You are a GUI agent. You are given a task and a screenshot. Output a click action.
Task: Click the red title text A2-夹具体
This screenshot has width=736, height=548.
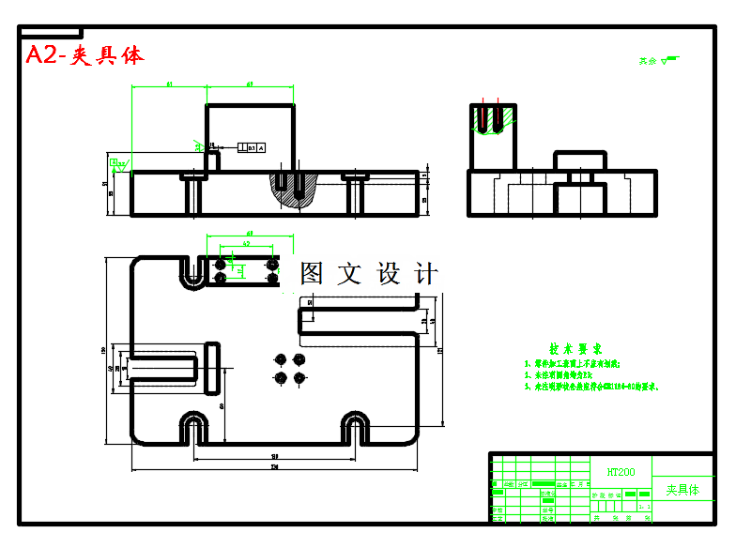coord(84,55)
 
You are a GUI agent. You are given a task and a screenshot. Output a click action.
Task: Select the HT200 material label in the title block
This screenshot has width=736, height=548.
coord(621,472)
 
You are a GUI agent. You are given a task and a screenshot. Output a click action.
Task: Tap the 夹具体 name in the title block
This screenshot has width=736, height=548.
coord(682,490)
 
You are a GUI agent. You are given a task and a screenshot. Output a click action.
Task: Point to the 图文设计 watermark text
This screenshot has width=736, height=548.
coord(369,274)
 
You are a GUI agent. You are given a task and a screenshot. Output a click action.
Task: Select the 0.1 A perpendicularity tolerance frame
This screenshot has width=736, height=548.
coord(252,147)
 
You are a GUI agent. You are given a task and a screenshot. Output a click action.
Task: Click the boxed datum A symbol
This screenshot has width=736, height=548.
coord(119,163)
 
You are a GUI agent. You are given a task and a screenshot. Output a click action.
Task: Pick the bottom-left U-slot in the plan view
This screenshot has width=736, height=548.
coord(194,427)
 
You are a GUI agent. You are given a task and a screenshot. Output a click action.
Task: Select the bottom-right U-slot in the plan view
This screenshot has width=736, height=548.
coord(355,427)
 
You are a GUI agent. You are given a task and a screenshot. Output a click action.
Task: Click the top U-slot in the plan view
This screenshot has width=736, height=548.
coord(193,271)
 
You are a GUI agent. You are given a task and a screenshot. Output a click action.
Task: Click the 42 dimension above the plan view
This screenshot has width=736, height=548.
coord(247,244)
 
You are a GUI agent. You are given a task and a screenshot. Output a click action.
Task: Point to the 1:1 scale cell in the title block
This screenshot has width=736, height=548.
coord(643,507)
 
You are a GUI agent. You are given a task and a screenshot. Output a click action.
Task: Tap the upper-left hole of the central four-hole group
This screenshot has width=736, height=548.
coord(280,359)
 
